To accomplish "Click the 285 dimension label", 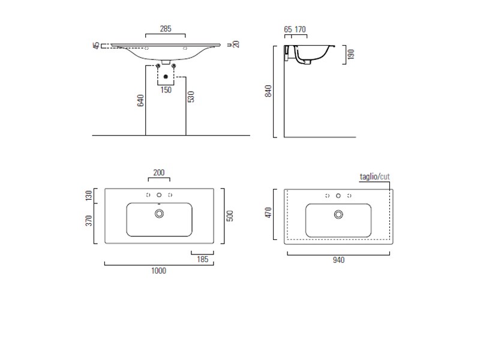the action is pos(166,29).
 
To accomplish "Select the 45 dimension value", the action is pos(97,46).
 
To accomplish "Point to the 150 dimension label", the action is pos(166,89).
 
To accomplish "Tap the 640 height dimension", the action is pos(140,100).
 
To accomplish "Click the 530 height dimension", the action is pos(191,97).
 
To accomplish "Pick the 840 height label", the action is pos(268,91).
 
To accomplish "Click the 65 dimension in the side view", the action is pos(288,29).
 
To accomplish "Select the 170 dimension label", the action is pos(300,29).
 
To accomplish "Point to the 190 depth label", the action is pos(351,54).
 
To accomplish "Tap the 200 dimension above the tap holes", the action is pos(159,172).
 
